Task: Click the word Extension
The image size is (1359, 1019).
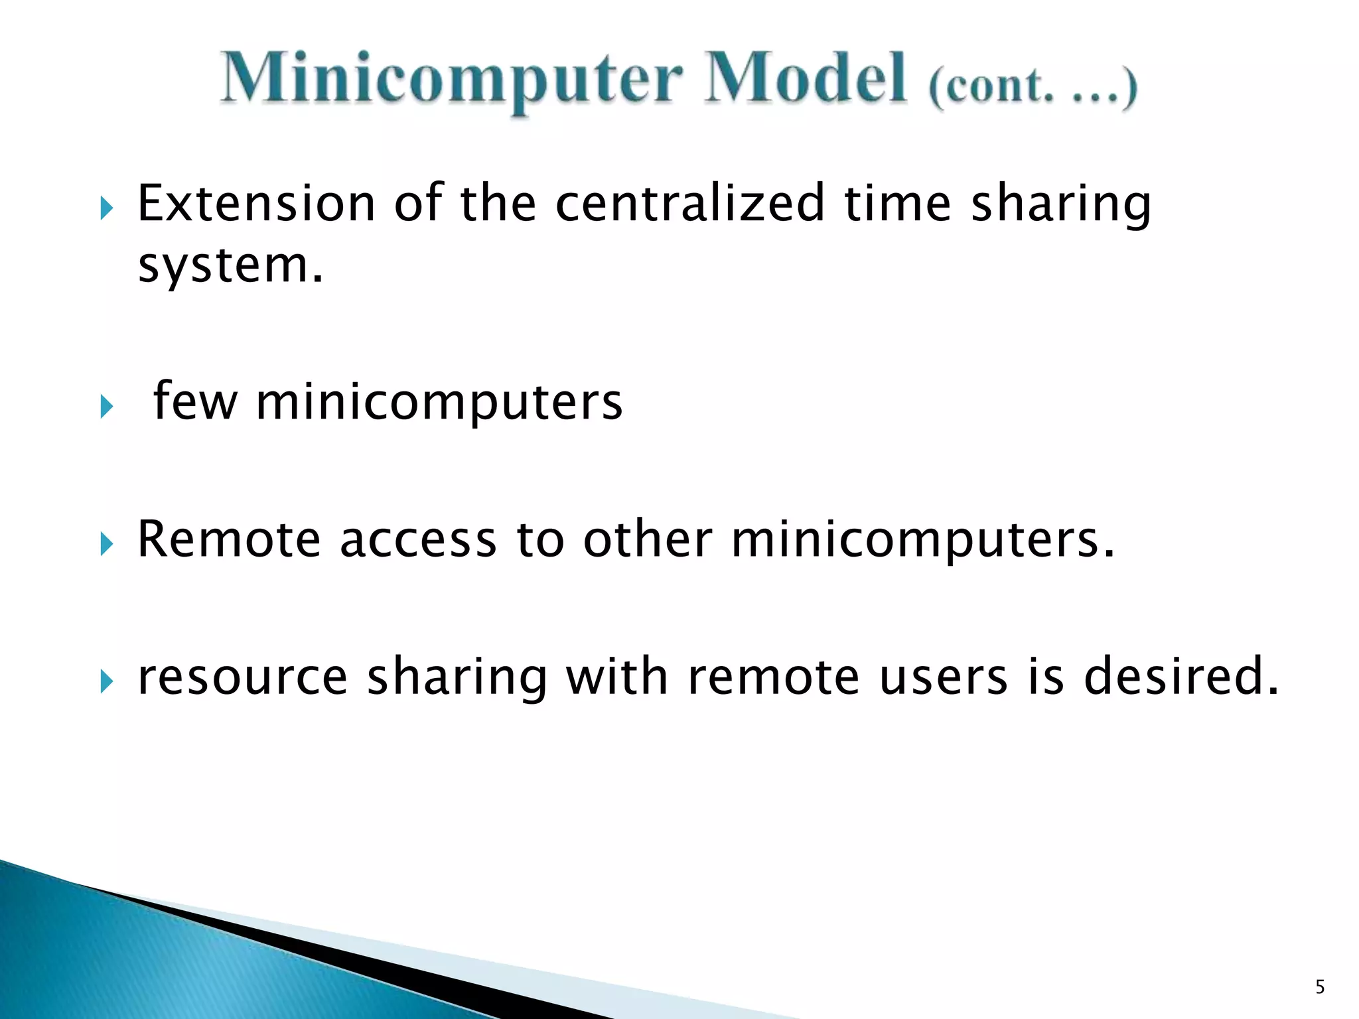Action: tap(256, 203)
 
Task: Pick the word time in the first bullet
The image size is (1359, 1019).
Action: tap(898, 203)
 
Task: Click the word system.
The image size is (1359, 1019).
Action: tap(230, 265)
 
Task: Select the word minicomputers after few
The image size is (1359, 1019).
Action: tap(439, 403)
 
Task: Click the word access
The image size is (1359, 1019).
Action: tap(417, 539)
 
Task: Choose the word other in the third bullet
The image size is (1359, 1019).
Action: tap(648, 539)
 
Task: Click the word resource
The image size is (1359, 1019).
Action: tap(242, 677)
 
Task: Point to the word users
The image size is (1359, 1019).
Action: tap(944, 677)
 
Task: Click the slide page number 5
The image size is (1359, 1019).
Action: tap(1320, 987)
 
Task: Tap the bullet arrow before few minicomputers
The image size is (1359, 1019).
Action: tap(107, 407)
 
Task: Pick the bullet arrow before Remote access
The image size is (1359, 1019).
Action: tap(107, 545)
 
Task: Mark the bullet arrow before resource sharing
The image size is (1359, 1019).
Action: tap(107, 682)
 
